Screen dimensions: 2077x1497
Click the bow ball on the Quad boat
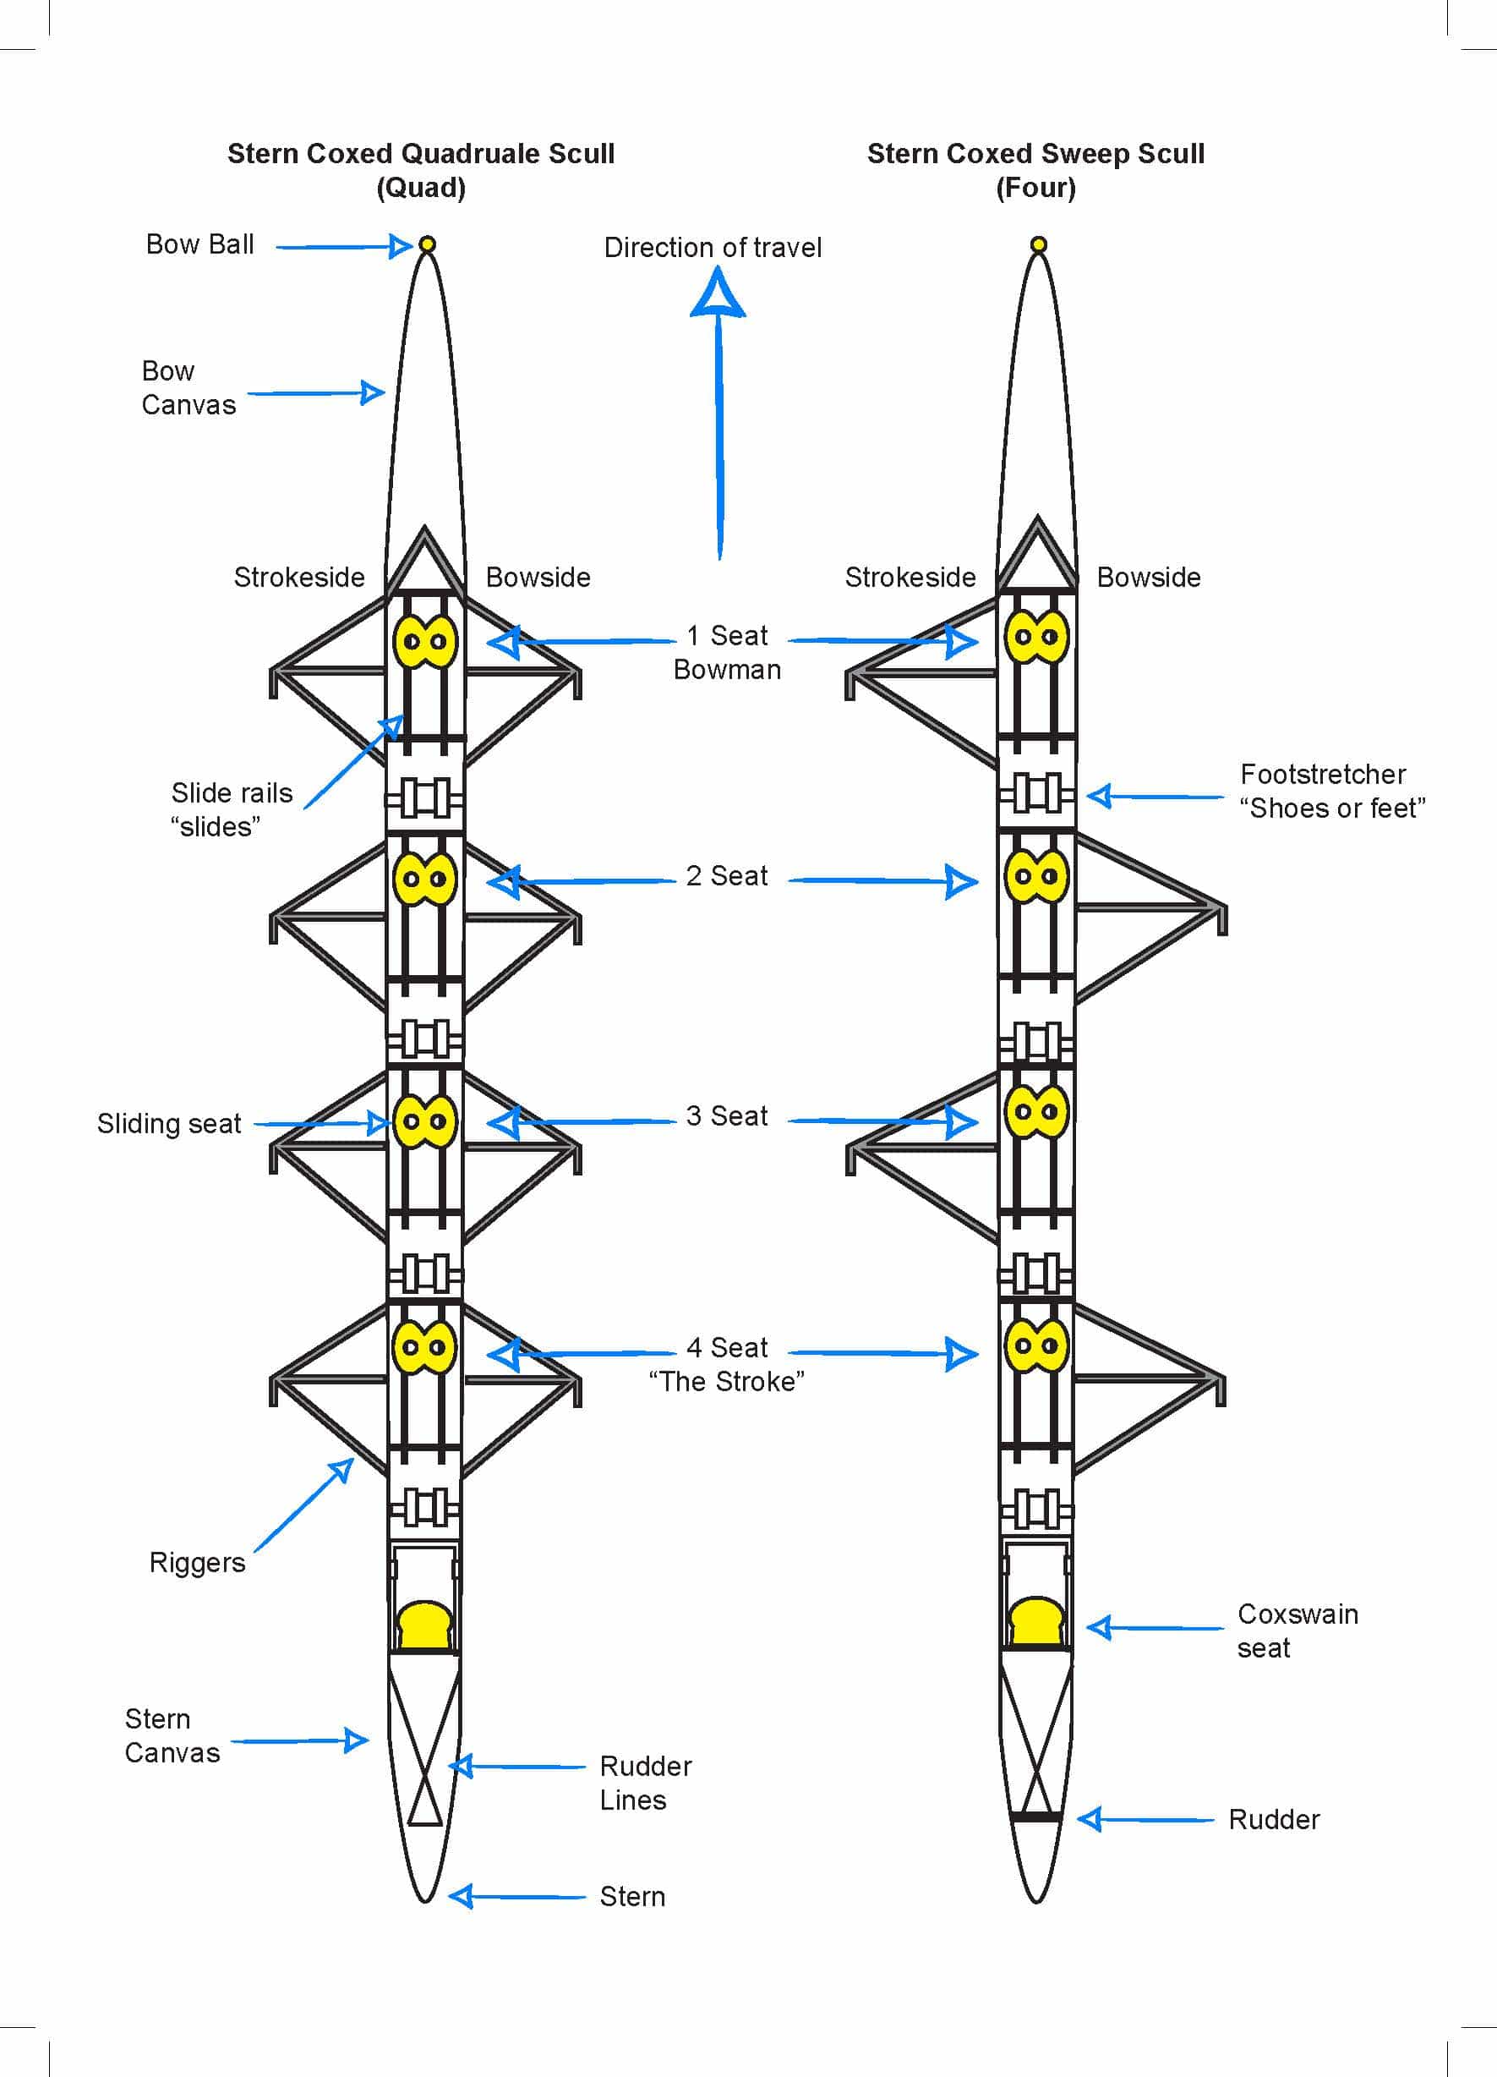(427, 244)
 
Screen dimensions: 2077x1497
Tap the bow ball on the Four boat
(1038, 244)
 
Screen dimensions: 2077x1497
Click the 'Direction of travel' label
(713, 247)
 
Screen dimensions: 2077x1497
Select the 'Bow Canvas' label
(188, 387)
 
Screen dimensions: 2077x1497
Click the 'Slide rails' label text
(232, 793)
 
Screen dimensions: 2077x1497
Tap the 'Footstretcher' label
(1323, 775)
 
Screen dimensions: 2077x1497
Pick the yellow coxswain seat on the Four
(1036, 1622)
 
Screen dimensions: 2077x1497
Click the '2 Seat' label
(727, 876)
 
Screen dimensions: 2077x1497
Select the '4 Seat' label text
(727, 1348)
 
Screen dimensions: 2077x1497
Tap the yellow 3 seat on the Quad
(425, 1121)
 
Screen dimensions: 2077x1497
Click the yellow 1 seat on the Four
(1036, 637)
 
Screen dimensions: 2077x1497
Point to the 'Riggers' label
(197, 1563)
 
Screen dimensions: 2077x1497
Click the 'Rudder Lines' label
(645, 1783)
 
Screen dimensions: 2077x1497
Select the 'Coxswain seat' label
(1298, 1631)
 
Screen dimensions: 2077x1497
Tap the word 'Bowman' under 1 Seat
(727, 671)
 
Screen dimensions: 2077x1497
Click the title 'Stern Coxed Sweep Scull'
(1035, 154)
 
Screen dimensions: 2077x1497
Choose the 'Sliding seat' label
(169, 1124)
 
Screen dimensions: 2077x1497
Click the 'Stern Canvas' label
(172, 1735)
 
